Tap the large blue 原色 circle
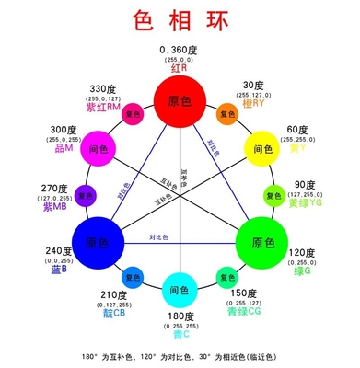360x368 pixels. [97, 243]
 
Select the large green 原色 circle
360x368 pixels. [261, 243]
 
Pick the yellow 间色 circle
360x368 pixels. [261, 148]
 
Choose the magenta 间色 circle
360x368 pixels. [98, 148]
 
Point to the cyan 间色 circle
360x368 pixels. [180, 291]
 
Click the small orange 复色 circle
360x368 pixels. [226, 115]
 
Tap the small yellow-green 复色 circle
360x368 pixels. [273, 194]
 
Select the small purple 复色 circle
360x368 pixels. [86, 194]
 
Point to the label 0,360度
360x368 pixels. [180, 48]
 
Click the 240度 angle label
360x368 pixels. [33, 250]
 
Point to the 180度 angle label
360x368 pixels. [180, 316]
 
